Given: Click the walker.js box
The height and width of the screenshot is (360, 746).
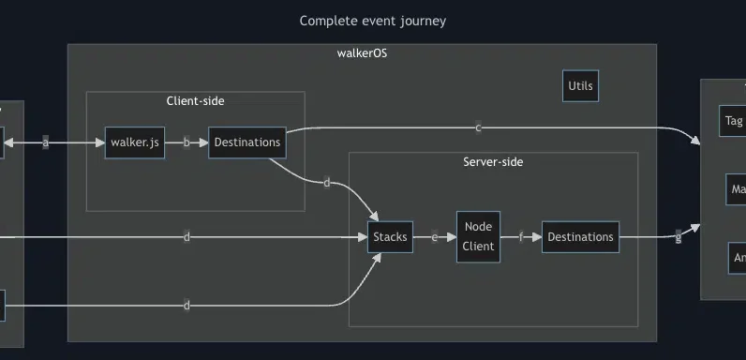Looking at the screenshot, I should (135, 142).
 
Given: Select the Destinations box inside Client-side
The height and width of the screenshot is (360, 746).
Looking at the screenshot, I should (246, 142).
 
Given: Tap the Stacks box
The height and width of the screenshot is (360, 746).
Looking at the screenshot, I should (390, 237).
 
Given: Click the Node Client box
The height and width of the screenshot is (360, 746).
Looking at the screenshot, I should (478, 237).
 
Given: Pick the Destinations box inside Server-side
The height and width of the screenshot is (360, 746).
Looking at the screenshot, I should (580, 237).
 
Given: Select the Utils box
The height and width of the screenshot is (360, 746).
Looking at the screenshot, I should (580, 87).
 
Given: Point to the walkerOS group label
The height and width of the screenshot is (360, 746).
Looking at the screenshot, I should (362, 53).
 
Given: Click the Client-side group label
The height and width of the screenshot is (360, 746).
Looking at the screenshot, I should (195, 100).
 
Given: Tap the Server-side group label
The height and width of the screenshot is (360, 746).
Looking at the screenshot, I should (493, 162).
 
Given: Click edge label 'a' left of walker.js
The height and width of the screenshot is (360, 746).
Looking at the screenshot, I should (45, 142).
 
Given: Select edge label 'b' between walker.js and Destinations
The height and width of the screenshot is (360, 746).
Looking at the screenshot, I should (186, 142).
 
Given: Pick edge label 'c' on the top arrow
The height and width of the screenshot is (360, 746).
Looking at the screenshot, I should (478, 127).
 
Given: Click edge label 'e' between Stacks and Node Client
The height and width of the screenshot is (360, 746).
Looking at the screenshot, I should (434, 237).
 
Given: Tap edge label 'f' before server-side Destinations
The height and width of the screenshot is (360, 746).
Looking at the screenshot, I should (521, 237).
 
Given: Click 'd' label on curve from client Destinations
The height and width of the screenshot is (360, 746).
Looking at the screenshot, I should (326, 183).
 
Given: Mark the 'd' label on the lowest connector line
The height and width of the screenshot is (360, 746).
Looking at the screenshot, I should (186, 306).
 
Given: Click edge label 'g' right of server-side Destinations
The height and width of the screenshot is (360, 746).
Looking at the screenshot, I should (679, 237).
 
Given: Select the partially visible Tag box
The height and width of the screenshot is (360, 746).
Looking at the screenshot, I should (733, 121).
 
